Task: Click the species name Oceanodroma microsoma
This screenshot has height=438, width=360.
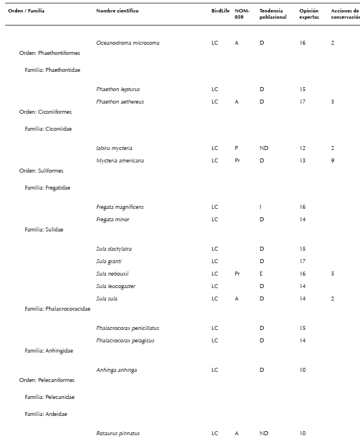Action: [x=127, y=43]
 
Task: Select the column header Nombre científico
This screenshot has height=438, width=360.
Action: [x=117, y=11]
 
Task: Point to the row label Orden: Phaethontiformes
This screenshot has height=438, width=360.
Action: [x=50, y=53]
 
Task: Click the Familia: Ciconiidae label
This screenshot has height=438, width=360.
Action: [x=48, y=129]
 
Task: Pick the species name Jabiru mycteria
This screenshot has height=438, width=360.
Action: [x=114, y=148]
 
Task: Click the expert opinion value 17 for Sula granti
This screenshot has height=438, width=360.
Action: [x=303, y=261]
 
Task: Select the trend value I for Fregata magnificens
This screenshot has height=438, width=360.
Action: [x=261, y=207]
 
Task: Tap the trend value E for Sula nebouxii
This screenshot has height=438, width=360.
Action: [x=262, y=274]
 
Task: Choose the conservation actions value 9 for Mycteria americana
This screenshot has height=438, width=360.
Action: [x=333, y=161]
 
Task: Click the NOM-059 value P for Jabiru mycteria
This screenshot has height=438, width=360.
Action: [x=236, y=148]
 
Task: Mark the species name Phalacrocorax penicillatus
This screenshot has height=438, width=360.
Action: [x=127, y=328]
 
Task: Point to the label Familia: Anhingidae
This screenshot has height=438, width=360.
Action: [x=49, y=351]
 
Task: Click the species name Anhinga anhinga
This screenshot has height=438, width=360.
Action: [x=117, y=370]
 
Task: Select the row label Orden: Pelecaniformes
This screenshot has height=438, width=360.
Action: [x=47, y=380]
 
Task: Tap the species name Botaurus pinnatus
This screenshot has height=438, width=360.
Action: [x=118, y=433]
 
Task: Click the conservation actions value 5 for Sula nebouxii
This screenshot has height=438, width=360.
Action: [x=333, y=274]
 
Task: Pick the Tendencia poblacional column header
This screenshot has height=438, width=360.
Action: [x=273, y=14]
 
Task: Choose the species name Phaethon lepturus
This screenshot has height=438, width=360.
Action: [x=118, y=89]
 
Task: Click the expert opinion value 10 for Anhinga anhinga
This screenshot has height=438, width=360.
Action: [x=303, y=370]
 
